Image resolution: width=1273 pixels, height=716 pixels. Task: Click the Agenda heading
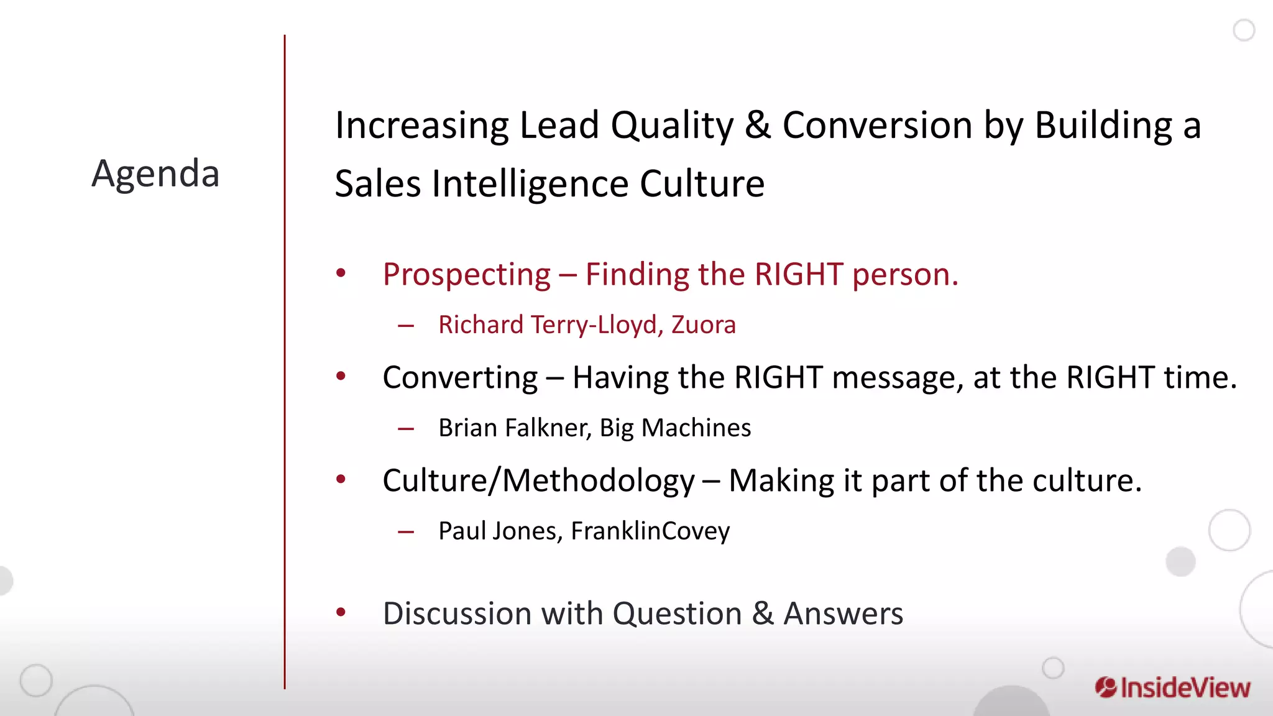[155, 173]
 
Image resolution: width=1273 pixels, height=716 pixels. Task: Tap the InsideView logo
[1172, 687]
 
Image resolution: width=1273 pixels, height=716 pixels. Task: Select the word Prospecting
[466, 275]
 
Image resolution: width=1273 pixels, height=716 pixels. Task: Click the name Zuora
[703, 325]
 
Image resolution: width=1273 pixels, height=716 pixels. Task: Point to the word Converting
[460, 378]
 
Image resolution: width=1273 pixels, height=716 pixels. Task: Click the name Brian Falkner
[514, 428]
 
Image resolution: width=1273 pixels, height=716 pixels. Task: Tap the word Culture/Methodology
[538, 481]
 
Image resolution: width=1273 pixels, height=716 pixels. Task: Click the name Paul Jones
[500, 531]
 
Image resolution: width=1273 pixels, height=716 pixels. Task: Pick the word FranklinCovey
[650, 531]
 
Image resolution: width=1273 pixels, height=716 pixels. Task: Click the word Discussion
[457, 614]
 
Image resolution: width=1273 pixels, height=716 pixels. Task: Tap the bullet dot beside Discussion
[341, 613]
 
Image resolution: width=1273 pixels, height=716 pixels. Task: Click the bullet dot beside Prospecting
[341, 273]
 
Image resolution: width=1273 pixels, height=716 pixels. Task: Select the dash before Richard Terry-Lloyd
[406, 326]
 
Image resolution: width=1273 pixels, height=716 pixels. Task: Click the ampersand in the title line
[758, 125]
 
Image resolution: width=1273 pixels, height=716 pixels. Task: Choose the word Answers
[843, 614]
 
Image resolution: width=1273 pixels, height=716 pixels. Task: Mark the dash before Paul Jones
[406, 532]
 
